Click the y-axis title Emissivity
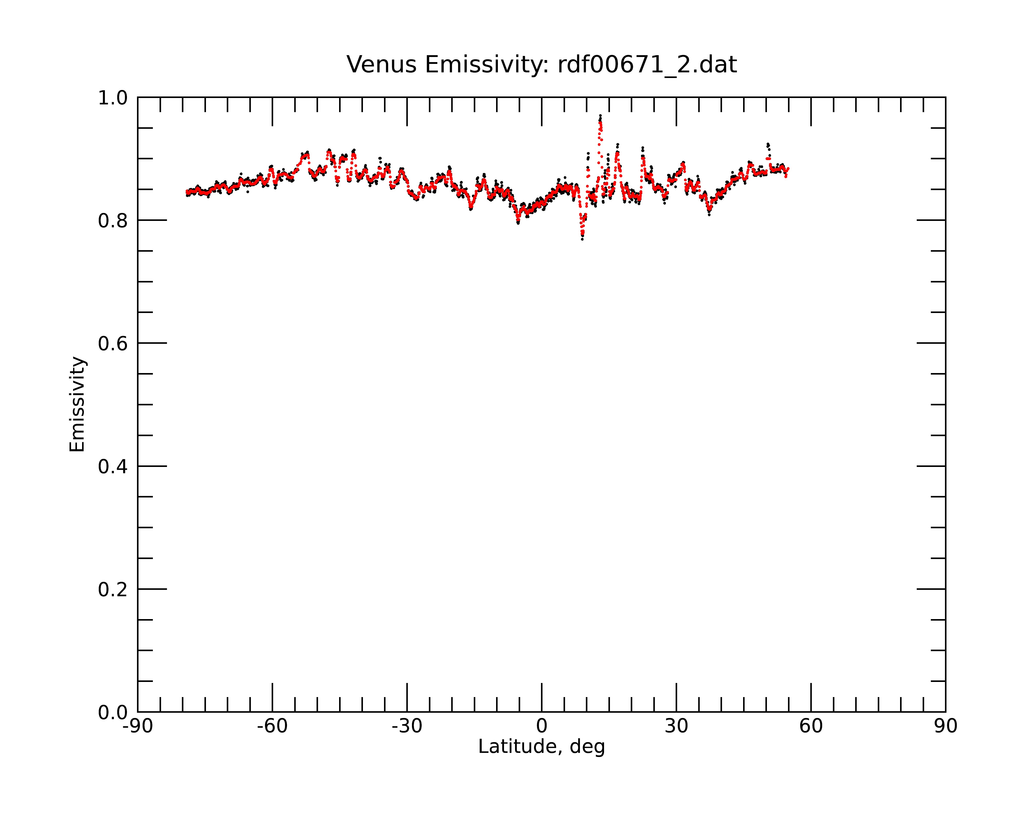click(77, 404)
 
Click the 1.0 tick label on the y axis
click(113, 98)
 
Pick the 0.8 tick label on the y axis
click(113, 220)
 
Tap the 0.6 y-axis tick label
click(113, 343)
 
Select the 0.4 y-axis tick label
click(113, 466)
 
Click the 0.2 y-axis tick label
click(113, 589)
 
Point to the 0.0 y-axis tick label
click(113, 712)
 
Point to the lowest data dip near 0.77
click(582, 238)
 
